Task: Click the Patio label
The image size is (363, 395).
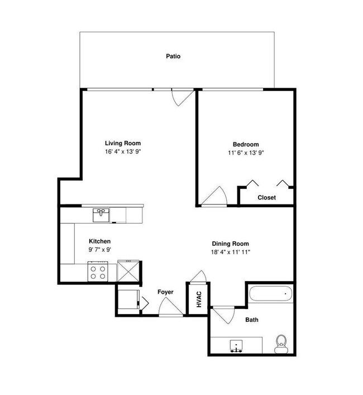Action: pyautogui.click(x=173, y=56)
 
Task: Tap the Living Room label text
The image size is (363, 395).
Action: pyautogui.click(x=123, y=143)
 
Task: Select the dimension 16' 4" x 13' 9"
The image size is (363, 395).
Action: pyautogui.click(x=123, y=151)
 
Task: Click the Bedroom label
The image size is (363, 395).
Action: pyautogui.click(x=246, y=144)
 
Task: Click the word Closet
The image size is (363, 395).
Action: pyautogui.click(x=266, y=197)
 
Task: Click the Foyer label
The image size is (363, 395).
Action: pyautogui.click(x=165, y=292)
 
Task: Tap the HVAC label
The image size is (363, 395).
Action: pyautogui.click(x=198, y=301)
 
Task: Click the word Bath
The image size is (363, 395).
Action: pyautogui.click(x=252, y=320)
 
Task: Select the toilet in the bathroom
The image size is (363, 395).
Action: pyautogui.click(x=281, y=343)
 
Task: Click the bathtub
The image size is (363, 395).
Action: pyautogui.click(x=270, y=294)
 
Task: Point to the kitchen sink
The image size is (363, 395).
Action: pyautogui.click(x=102, y=214)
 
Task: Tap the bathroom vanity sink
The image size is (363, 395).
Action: pyautogui.click(x=236, y=346)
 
